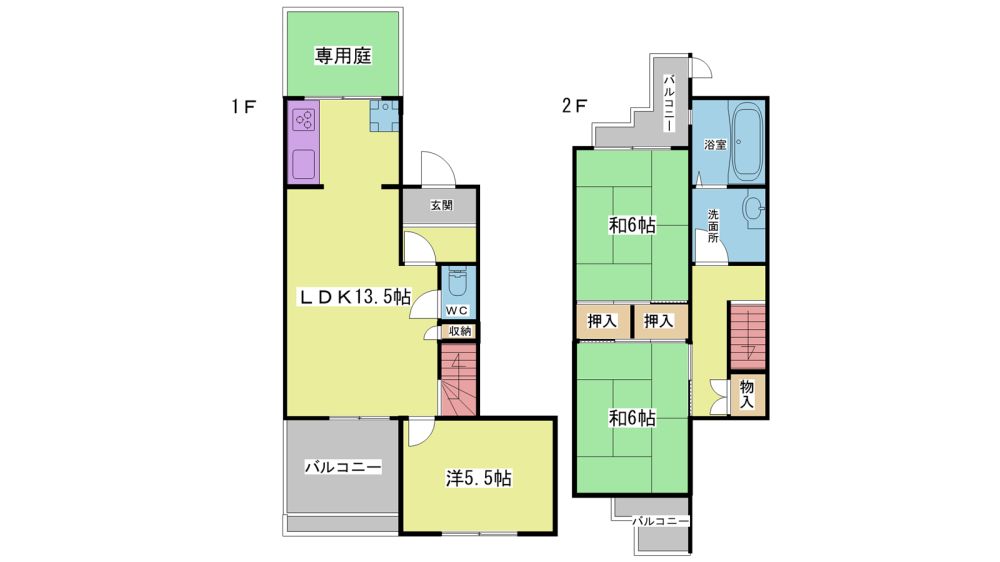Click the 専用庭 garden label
(x=343, y=56)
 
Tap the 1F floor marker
(x=244, y=106)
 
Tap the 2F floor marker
(x=574, y=106)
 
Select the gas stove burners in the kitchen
(x=304, y=120)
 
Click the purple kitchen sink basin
(x=304, y=165)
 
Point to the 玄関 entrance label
(x=441, y=205)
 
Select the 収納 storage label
(x=459, y=331)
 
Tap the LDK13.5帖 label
(x=355, y=297)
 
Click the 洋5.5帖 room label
(x=478, y=478)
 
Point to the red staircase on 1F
(x=458, y=380)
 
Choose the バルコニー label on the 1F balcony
(x=342, y=467)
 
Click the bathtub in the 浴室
(x=747, y=144)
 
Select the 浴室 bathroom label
(x=715, y=145)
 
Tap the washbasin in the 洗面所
(x=754, y=208)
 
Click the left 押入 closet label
(x=601, y=322)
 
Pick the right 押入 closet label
(x=658, y=322)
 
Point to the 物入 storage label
(x=747, y=394)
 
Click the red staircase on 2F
(x=747, y=336)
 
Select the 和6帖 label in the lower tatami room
(x=631, y=418)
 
